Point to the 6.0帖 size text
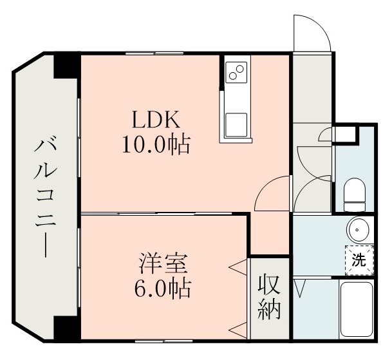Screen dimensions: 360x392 point(163,289)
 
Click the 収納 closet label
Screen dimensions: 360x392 point(270,298)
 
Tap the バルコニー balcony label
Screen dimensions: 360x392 point(46,196)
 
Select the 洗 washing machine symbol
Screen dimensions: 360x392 point(358,260)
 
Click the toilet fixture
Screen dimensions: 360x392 point(354,194)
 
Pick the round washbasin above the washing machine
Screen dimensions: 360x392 point(357,229)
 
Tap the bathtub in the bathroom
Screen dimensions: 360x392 point(358,309)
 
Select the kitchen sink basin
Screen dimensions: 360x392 point(236,123)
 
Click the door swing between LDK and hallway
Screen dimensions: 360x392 point(272,193)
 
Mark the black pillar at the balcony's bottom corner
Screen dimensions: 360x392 point(65,328)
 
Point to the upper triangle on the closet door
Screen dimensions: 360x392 point(238,266)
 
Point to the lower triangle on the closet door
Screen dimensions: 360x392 point(238,330)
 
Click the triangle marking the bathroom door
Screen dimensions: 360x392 point(299,287)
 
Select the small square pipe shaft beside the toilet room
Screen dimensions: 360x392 point(347,134)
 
